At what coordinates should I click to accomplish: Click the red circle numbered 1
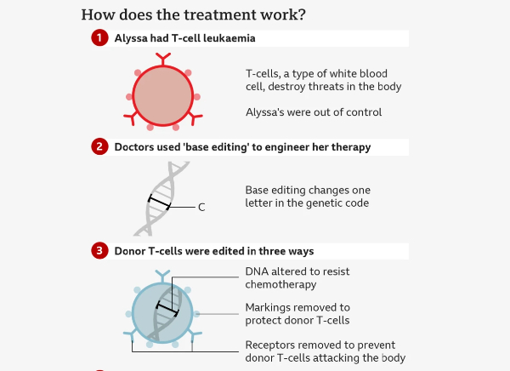pos(99,38)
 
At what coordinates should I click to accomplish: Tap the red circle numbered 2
pos(99,146)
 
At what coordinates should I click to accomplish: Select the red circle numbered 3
pos(99,250)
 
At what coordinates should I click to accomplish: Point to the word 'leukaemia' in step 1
pos(228,38)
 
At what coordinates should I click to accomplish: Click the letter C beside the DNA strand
pos(201,207)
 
